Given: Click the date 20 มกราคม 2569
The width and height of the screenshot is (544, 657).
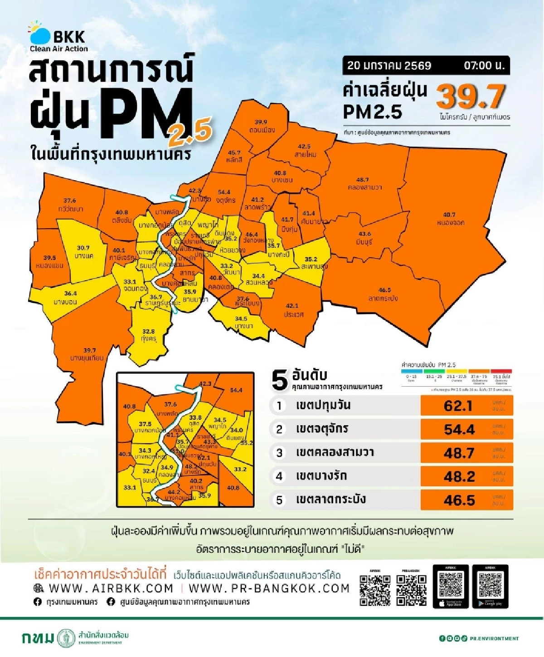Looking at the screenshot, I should [x=389, y=66].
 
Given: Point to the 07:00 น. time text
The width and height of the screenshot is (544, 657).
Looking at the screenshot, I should [x=484, y=66].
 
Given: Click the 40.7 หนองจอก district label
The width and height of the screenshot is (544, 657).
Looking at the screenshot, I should [x=450, y=219].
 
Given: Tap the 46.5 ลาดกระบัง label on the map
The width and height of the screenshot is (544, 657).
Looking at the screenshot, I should [x=384, y=294].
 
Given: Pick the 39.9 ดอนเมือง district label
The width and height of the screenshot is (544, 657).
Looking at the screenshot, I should [x=261, y=126].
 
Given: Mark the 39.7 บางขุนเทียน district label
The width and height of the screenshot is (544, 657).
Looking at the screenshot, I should [x=87, y=354].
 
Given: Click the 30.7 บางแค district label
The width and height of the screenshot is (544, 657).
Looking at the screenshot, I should [x=83, y=252].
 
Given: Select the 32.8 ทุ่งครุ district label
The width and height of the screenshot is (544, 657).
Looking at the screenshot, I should [x=148, y=335].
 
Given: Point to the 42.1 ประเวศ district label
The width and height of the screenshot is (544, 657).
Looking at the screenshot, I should [x=292, y=310].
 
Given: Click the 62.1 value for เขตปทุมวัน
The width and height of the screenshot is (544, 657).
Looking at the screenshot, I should [x=458, y=406].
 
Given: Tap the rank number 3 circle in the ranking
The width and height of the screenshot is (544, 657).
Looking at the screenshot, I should [x=279, y=453].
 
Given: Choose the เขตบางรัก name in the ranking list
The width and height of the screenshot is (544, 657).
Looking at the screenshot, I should [x=321, y=476].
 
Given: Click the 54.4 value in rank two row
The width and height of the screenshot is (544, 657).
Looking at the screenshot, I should [x=459, y=429].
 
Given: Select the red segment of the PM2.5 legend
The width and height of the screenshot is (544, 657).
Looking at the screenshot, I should [x=501, y=371].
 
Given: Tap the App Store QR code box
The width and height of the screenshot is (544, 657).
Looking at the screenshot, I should [x=451, y=586].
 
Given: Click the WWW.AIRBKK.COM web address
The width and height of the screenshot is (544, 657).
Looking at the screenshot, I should [x=111, y=589].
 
